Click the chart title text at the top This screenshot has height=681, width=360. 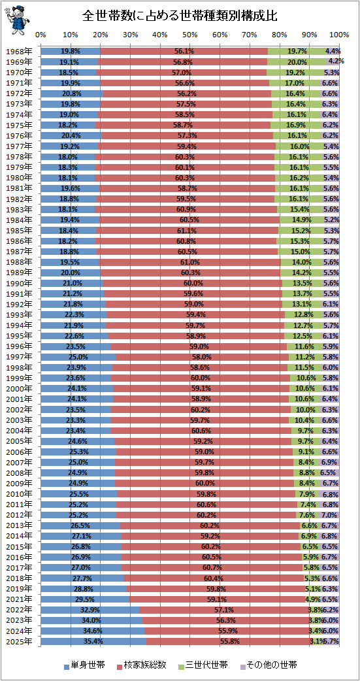click(180, 16)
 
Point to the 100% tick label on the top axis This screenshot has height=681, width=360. click(340, 34)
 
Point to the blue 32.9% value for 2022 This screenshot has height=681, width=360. click(90, 609)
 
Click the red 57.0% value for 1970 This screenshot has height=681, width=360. click(182, 73)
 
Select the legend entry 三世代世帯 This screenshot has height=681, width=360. click(203, 665)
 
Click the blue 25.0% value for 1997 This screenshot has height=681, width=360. click(79, 357)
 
